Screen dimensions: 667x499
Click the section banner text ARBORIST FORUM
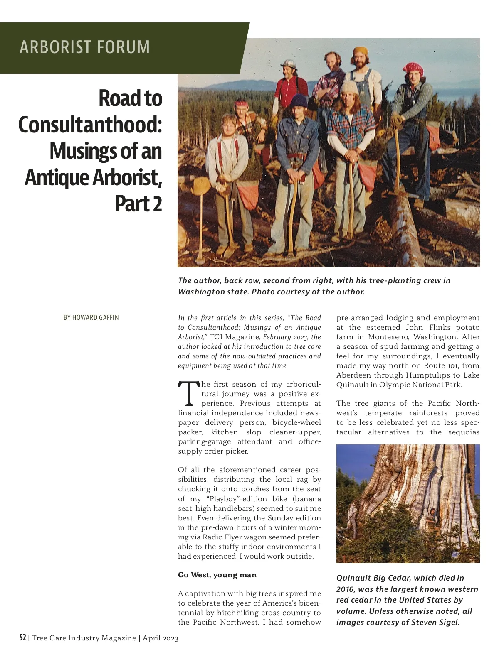pyautogui.click(x=84, y=47)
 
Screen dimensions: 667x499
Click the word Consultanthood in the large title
pyautogui.click(x=90, y=125)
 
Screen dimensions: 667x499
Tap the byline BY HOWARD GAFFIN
pyautogui.click(x=91, y=317)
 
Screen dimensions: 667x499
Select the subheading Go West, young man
pyautogui.click(x=217, y=575)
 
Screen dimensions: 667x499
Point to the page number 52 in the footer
pyautogui.click(x=23, y=638)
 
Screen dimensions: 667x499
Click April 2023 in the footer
pyautogui.click(x=161, y=638)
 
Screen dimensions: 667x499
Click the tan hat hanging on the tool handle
pyautogui.click(x=201, y=186)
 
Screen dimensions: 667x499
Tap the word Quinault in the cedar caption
pyautogui.click(x=353, y=578)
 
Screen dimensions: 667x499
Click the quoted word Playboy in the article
pyautogui.click(x=224, y=498)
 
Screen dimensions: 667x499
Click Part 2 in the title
pyautogui.click(x=138, y=204)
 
